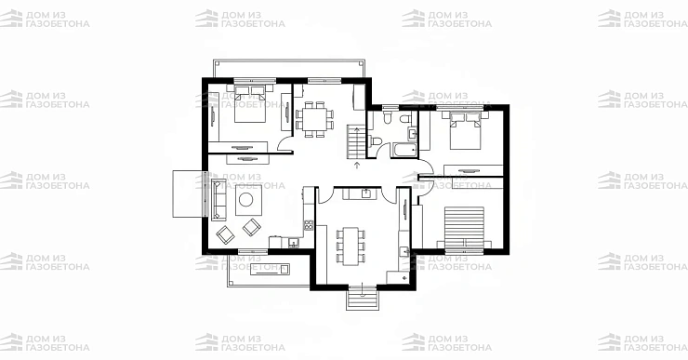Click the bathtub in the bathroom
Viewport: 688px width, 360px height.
click(404, 150)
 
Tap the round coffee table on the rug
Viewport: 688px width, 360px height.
click(245, 200)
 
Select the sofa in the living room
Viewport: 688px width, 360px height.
click(217, 199)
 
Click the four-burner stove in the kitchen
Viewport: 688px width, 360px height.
click(309, 225)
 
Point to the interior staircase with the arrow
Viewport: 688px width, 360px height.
click(356, 141)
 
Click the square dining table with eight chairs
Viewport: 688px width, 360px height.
click(314, 119)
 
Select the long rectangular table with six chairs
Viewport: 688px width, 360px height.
click(351, 246)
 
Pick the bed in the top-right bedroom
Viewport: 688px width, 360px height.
click(465, 130)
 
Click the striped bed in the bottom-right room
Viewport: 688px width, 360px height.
click(464, 228)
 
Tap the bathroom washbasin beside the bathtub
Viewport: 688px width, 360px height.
click(413, 132)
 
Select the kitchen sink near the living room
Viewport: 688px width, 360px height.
click(293, 242)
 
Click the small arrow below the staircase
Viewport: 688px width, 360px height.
click(357, 165)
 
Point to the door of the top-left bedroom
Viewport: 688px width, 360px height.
click(284, 144)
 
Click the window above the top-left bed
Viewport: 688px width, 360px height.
click(255, 81)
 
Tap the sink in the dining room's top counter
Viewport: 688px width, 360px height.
click(365, 193)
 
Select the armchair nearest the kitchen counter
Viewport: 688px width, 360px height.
click(251, 227)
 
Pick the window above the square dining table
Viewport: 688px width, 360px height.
click(324, 81)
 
